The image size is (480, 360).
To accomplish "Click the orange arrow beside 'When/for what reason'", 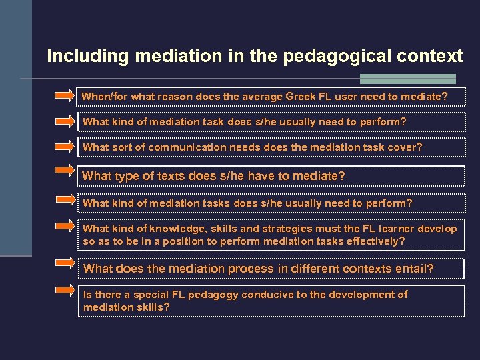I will (65, 96).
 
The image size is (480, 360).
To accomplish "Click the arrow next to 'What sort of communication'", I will (65, 147).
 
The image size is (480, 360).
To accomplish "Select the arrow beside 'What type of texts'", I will (65, 171).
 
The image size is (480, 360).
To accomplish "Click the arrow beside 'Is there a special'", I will (65, 290).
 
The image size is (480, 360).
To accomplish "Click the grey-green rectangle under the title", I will (409, 79).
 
